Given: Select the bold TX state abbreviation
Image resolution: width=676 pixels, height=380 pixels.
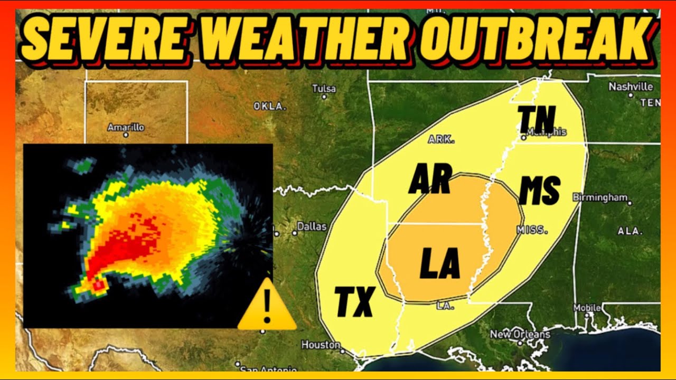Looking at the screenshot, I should [355, 302].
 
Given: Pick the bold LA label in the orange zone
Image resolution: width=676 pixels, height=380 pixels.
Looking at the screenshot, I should [440, 264].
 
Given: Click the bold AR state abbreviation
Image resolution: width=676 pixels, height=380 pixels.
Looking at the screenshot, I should [430, 179].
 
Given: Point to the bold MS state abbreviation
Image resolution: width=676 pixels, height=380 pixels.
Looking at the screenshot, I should [539, 191].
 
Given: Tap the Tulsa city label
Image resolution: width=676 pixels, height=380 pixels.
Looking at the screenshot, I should [324, 89].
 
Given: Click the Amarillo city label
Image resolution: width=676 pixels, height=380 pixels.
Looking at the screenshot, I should [125, 127].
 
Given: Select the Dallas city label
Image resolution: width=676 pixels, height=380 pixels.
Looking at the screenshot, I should [312, 226].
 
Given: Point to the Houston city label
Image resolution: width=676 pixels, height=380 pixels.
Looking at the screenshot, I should [321, 345].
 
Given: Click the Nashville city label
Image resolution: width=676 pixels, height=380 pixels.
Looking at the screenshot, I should [631, 87].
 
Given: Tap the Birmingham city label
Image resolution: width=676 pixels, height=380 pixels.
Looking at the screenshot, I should [600, 197].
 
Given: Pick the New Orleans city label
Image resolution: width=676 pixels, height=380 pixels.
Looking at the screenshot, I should [520, 334].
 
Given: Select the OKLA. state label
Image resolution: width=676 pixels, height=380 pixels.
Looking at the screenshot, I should [270, 107].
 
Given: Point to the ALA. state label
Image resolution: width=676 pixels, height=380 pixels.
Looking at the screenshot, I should [630, 231].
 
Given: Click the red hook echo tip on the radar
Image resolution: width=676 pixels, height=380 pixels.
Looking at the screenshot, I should [98, 286].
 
